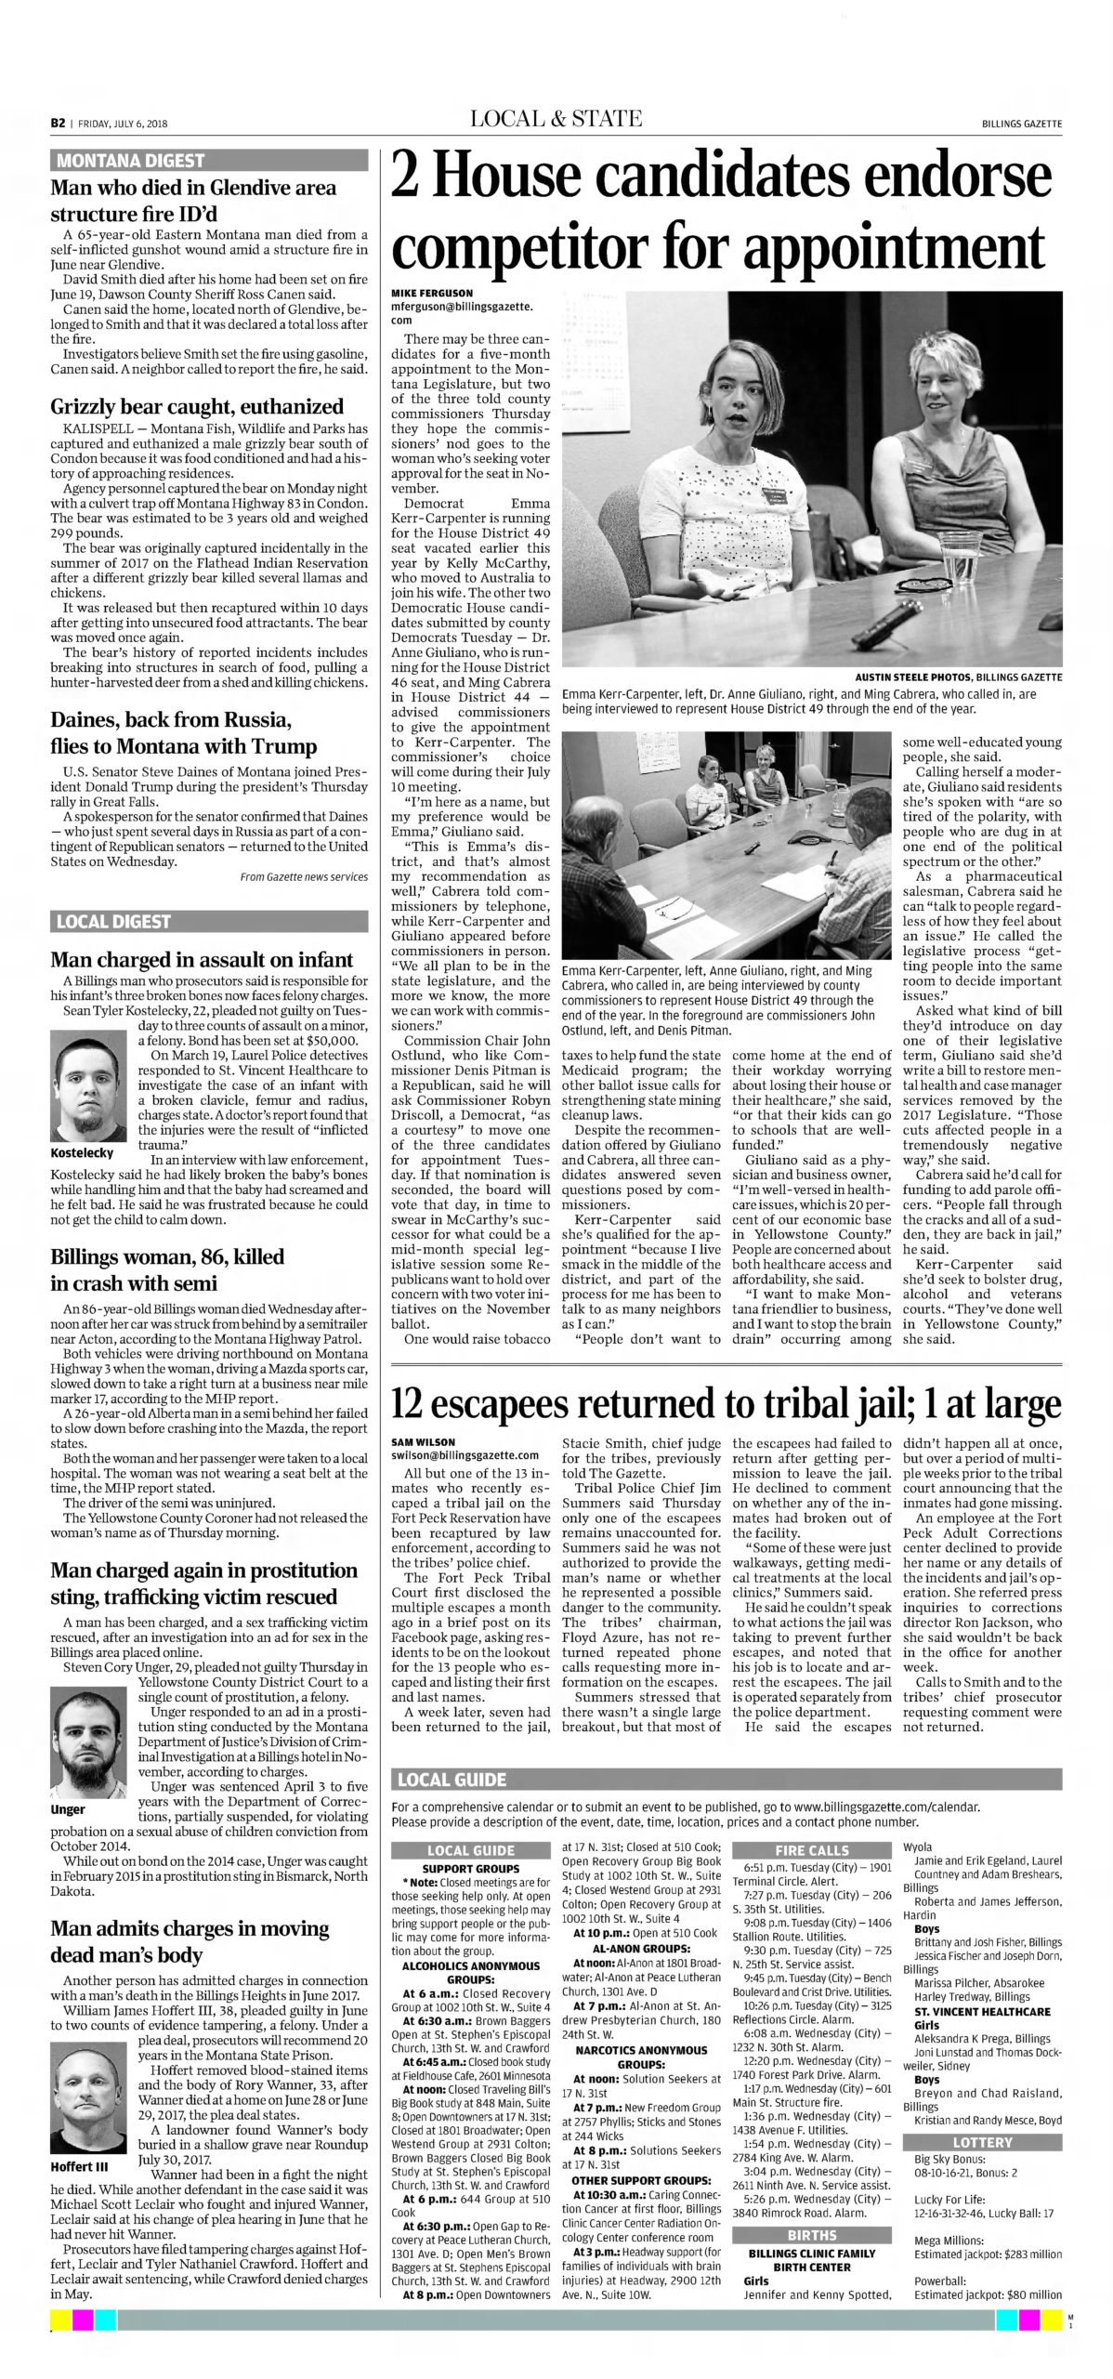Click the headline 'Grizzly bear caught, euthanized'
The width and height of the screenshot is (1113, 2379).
tap(197, 406)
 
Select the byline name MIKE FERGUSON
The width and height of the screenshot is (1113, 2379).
tap(431, 293)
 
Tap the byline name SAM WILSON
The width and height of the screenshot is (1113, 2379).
tap(422, 1441)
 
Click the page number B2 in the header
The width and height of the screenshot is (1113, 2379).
tap(57, 123)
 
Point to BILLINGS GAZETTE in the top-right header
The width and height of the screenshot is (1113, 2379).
tap(1022, 123)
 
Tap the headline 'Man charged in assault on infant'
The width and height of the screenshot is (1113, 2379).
tap(202, 960)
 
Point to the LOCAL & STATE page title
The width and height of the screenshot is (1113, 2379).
tap(556, 119)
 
